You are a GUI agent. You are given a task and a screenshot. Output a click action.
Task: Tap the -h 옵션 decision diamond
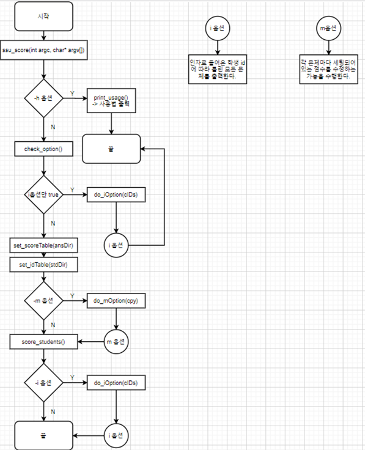43,98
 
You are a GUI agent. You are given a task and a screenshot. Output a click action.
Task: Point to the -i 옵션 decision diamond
43,383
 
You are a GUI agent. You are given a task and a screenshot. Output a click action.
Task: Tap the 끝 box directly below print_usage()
111,149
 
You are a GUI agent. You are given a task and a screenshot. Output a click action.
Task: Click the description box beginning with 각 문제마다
329,69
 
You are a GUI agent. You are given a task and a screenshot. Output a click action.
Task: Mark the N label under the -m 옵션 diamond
53,326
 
